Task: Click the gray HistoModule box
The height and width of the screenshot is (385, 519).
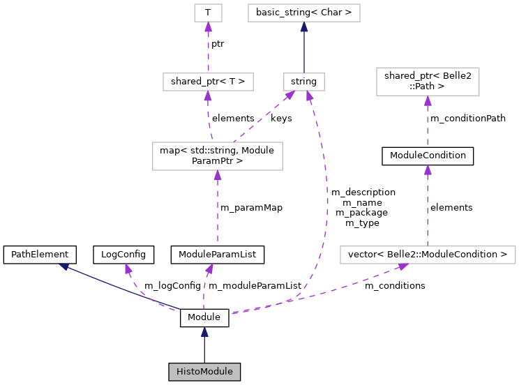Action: click(x=204, y=372)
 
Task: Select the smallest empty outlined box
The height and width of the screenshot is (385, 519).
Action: click(x=208, y=13)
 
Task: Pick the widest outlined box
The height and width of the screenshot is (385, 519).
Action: click(x=428, y=255)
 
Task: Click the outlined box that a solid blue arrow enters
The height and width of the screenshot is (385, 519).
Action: click(x=304, y=13)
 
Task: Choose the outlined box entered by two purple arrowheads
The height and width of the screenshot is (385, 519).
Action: click(x=304, y=82)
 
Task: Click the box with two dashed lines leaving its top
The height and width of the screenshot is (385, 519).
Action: click(x=218, y=156)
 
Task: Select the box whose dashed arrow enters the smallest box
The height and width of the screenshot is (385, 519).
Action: click(x=208, y=82)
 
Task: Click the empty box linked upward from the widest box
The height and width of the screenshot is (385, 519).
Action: click(x=428, y=82)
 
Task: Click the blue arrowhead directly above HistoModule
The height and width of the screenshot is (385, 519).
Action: click(x=204, y=332)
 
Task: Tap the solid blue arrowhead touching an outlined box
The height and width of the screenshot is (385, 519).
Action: click(x=304, y=27)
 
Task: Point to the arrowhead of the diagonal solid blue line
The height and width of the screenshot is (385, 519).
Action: click(x=63, y=266)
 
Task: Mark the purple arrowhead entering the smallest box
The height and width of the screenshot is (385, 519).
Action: click(x=208, y=27)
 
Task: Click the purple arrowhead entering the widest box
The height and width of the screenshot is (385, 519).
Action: click(x=403, y=266)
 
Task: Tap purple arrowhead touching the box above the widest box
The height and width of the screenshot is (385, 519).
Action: click(x=428, y=101)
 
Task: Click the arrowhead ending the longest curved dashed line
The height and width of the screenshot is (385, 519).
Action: click(x=309, y=96)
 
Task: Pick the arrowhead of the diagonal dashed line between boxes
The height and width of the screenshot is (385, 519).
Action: click(x=289, y=95)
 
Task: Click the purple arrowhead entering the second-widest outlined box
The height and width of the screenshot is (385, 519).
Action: click(x=218, y=176)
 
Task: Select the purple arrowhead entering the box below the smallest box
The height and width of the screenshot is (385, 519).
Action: click(x=207, y=96)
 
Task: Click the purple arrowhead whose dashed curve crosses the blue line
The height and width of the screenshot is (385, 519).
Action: click(x=128, y=269)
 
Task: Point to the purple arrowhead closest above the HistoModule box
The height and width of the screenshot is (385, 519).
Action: click(x=209, y=269)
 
